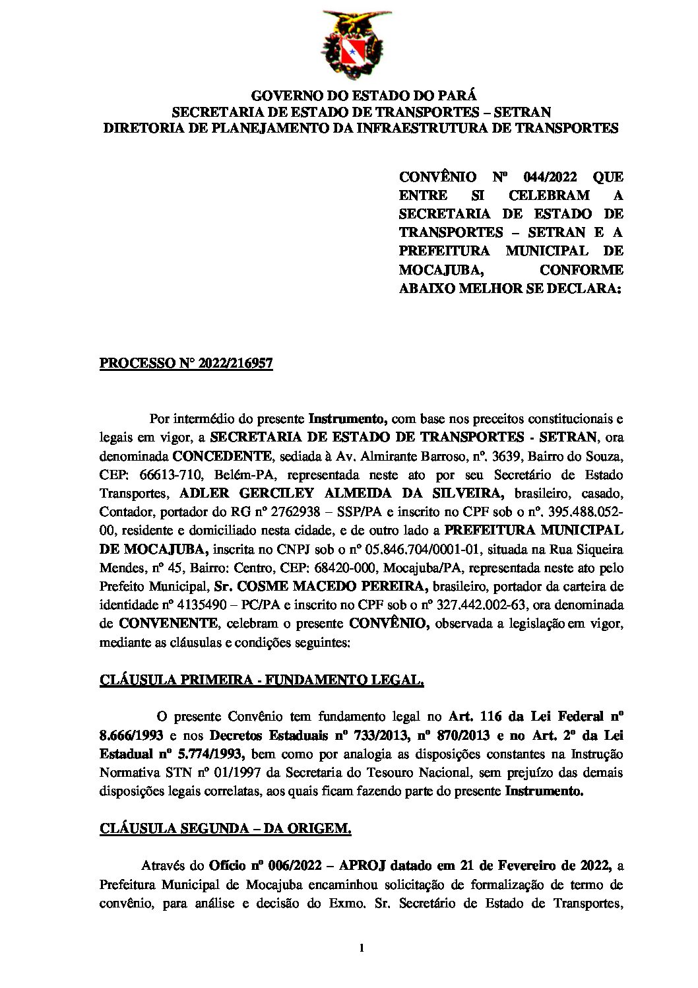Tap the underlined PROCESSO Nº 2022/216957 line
pos(186,364)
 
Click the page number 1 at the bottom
pos(362,948)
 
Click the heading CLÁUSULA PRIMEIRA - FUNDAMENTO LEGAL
pos(261,680)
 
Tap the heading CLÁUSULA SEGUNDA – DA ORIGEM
pos(225,829)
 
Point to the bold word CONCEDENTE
pos(222,456)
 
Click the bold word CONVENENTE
pos(168,623)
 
